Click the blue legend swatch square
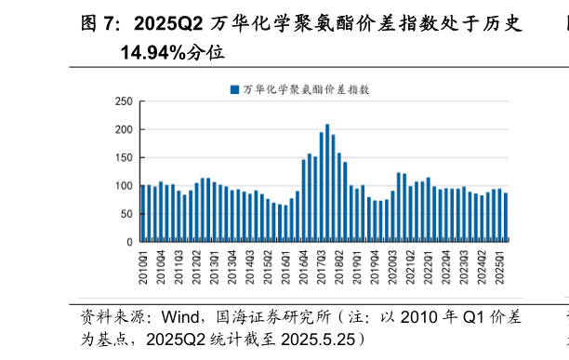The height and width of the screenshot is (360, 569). tap(234, 89)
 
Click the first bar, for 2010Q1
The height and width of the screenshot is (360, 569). tap(143, 213)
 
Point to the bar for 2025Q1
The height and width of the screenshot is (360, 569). tap(500, 215)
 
